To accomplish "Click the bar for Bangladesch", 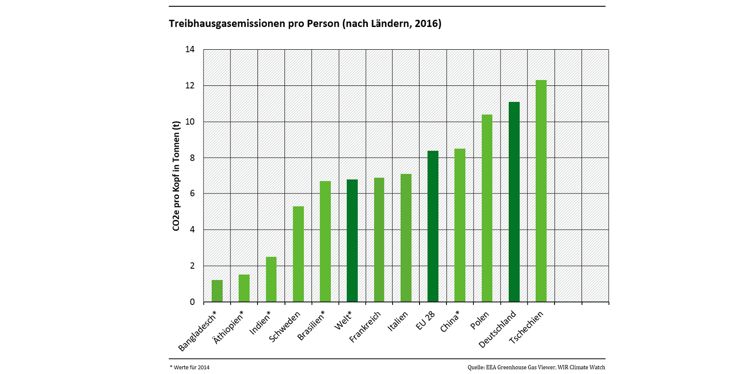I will click(x=217, y=291).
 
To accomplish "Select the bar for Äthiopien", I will click(x=244, y=288).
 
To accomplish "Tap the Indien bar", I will click(x=271, y=279).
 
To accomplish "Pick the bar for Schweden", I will click(x=298, y=254).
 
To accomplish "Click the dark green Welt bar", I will click(x=352, y=241).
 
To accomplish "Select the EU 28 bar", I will click(x=433, y=226).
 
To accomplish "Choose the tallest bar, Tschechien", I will click(x=541, y=191).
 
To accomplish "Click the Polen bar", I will click(x=487, y=208).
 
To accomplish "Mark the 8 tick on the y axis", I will click(x=192, y=158).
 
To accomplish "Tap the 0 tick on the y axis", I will click(x=192, y=302).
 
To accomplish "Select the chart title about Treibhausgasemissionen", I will click(x=305, y=24).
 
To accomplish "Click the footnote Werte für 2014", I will click(x=190, y=367).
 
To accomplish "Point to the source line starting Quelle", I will click(x=536, y=367).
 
